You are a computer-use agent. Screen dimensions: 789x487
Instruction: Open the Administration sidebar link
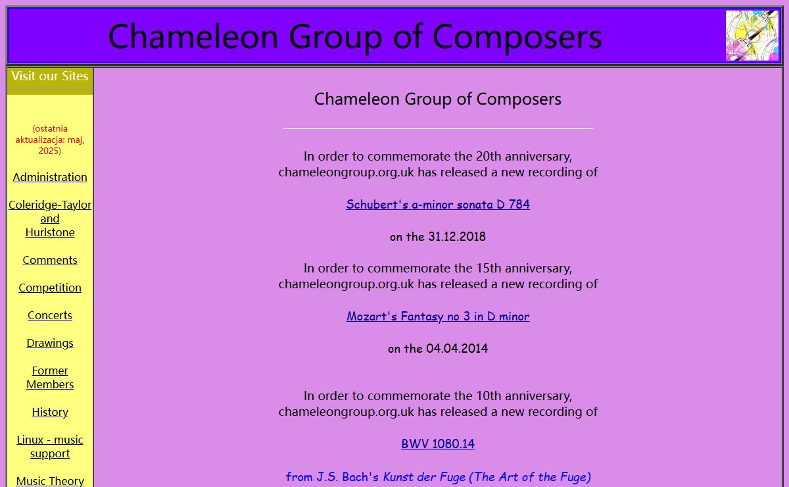50,177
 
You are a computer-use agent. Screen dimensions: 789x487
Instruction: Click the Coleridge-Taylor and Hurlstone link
50,218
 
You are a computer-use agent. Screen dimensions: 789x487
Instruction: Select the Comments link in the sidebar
50,260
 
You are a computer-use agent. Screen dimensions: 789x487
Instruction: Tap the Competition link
50,288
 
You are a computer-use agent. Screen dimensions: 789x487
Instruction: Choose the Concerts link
50,315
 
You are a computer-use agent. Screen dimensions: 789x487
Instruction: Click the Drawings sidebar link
50,343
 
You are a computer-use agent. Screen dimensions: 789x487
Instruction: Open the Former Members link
50,377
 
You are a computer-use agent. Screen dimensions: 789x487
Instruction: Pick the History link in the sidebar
50,412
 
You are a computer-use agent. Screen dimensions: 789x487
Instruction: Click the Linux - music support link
50,446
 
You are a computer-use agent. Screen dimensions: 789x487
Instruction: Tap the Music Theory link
50,481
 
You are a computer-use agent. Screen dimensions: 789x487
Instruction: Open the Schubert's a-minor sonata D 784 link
438,205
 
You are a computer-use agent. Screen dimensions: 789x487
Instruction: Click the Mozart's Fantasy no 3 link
438,317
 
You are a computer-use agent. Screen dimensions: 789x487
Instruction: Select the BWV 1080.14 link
438,444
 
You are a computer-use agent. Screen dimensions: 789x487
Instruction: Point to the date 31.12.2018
457,237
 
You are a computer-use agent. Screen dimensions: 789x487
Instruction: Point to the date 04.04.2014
457,348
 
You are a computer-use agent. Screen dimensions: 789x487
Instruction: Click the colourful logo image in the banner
752,36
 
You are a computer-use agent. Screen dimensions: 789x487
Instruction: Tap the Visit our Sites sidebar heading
50,76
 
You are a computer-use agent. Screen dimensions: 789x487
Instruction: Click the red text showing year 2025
49,151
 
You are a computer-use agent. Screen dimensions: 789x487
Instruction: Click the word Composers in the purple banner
517,37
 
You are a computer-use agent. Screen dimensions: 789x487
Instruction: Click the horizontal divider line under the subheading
438,129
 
